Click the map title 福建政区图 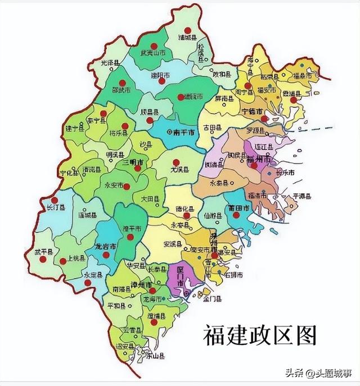pyautogui.click(x=260, y=335)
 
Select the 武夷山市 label pyautogui.click(x=154, y=53)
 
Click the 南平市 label pyautogui.click(x=184, y=133)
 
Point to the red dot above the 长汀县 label pyautogui.click(x=55, y=200)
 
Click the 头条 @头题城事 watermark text pyautogui.click(x=318, y=373)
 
